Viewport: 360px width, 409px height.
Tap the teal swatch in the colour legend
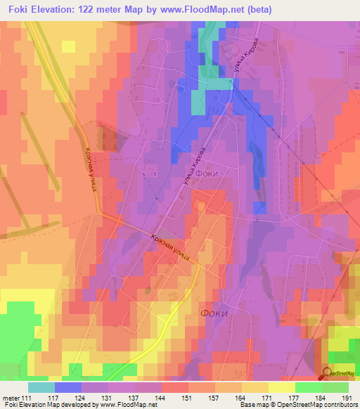pyautogui.click(x=41, y=387)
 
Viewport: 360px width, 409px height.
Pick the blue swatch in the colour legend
pyautogui.click(x=68, y=387)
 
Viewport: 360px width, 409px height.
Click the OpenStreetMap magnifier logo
pyautogui.click(x=327, y=373)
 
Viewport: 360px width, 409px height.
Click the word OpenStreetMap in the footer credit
pyautogui.click(x=290, y=405)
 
